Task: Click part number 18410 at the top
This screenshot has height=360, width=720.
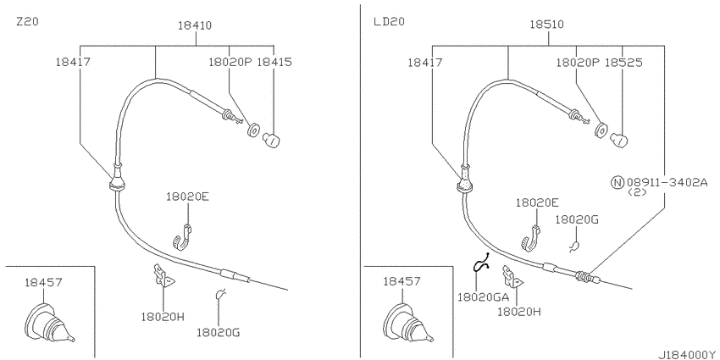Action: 195,25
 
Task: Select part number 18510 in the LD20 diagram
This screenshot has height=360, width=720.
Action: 547,25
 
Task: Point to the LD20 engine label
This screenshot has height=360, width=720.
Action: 389,21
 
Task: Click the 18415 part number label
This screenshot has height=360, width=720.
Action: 274,62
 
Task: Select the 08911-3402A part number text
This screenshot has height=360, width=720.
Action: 667,183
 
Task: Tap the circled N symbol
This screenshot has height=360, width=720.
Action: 618,183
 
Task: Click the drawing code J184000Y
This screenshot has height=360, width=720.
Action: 689,355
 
